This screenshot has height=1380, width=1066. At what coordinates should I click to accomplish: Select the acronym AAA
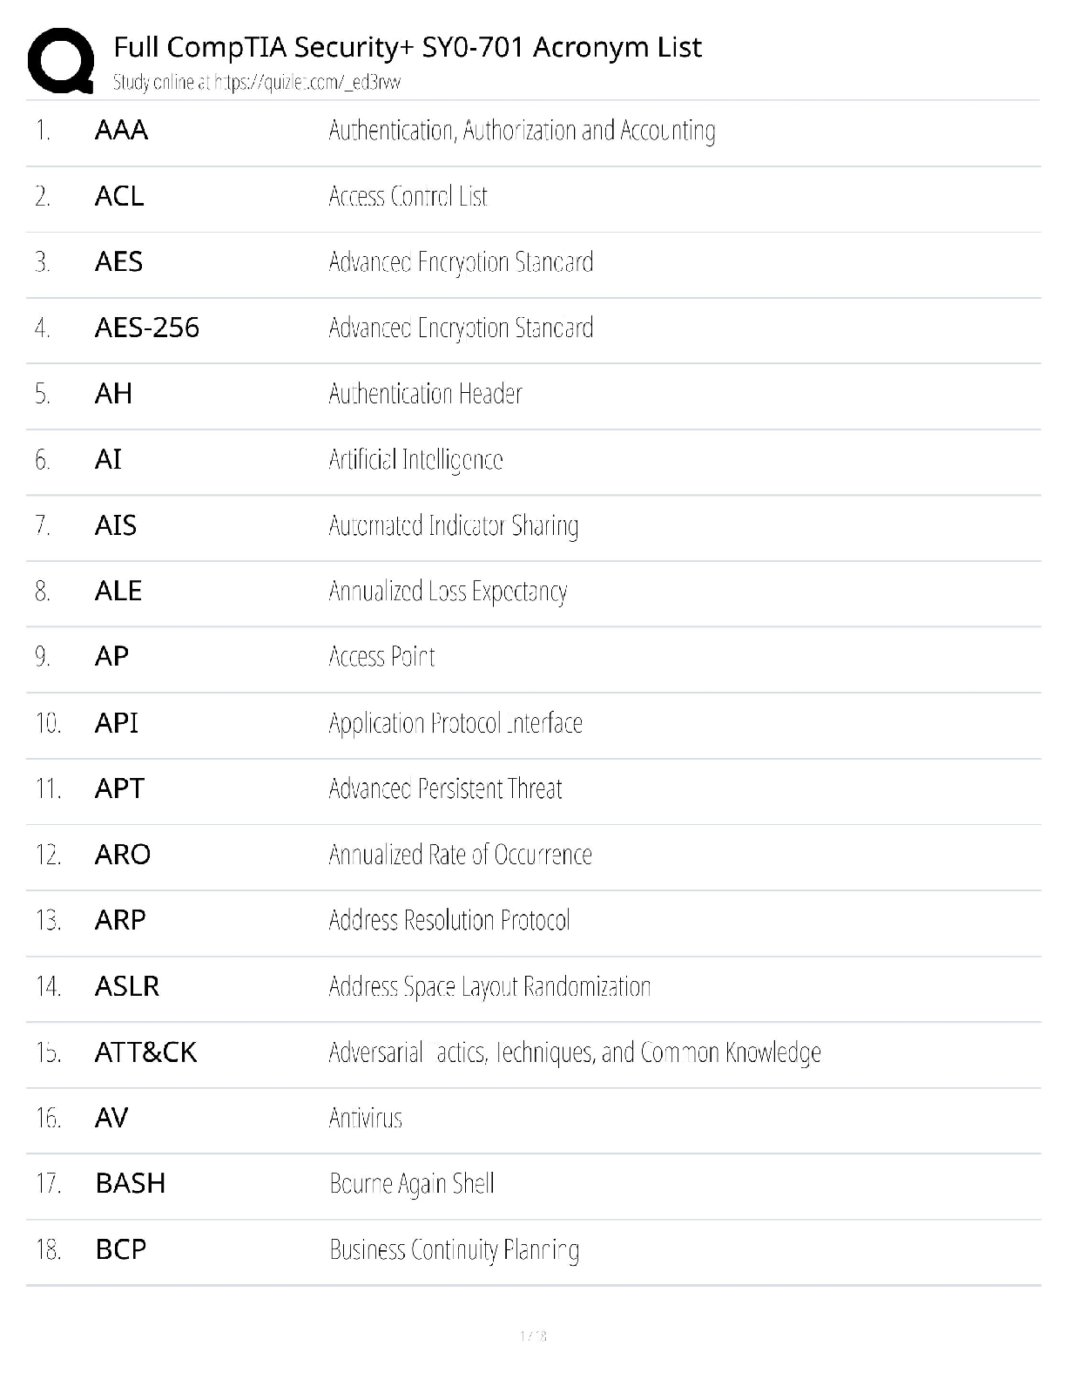click(x=121, y=131)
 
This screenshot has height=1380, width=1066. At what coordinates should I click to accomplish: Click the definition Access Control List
click(x=408, y=197)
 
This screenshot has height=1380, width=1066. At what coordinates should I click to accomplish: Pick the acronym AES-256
click(x=146, y=328)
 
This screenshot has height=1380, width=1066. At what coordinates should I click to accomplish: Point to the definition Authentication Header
click(x=425, y=394)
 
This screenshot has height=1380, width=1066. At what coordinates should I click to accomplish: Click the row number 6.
click(x=43, y=460)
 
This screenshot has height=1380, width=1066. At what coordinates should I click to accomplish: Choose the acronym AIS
click(x=115, y=525)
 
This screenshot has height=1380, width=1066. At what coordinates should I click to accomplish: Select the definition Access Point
click(x=381, y=657)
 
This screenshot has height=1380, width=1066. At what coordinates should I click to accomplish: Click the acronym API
click(x=116, y=723)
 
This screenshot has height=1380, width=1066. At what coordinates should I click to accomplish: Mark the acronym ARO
click(x=122, y=855)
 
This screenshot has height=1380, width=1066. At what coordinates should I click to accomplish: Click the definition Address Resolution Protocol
click(x=449, y=921)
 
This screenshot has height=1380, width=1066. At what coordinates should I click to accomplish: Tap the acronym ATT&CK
click(x=145, y=1052)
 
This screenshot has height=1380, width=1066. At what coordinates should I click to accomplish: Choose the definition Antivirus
click(x=366, y=1119)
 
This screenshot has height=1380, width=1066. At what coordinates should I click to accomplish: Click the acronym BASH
click(x=130, y=1184)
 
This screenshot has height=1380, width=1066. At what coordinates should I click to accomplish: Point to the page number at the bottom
click(x=533, y=1336)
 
